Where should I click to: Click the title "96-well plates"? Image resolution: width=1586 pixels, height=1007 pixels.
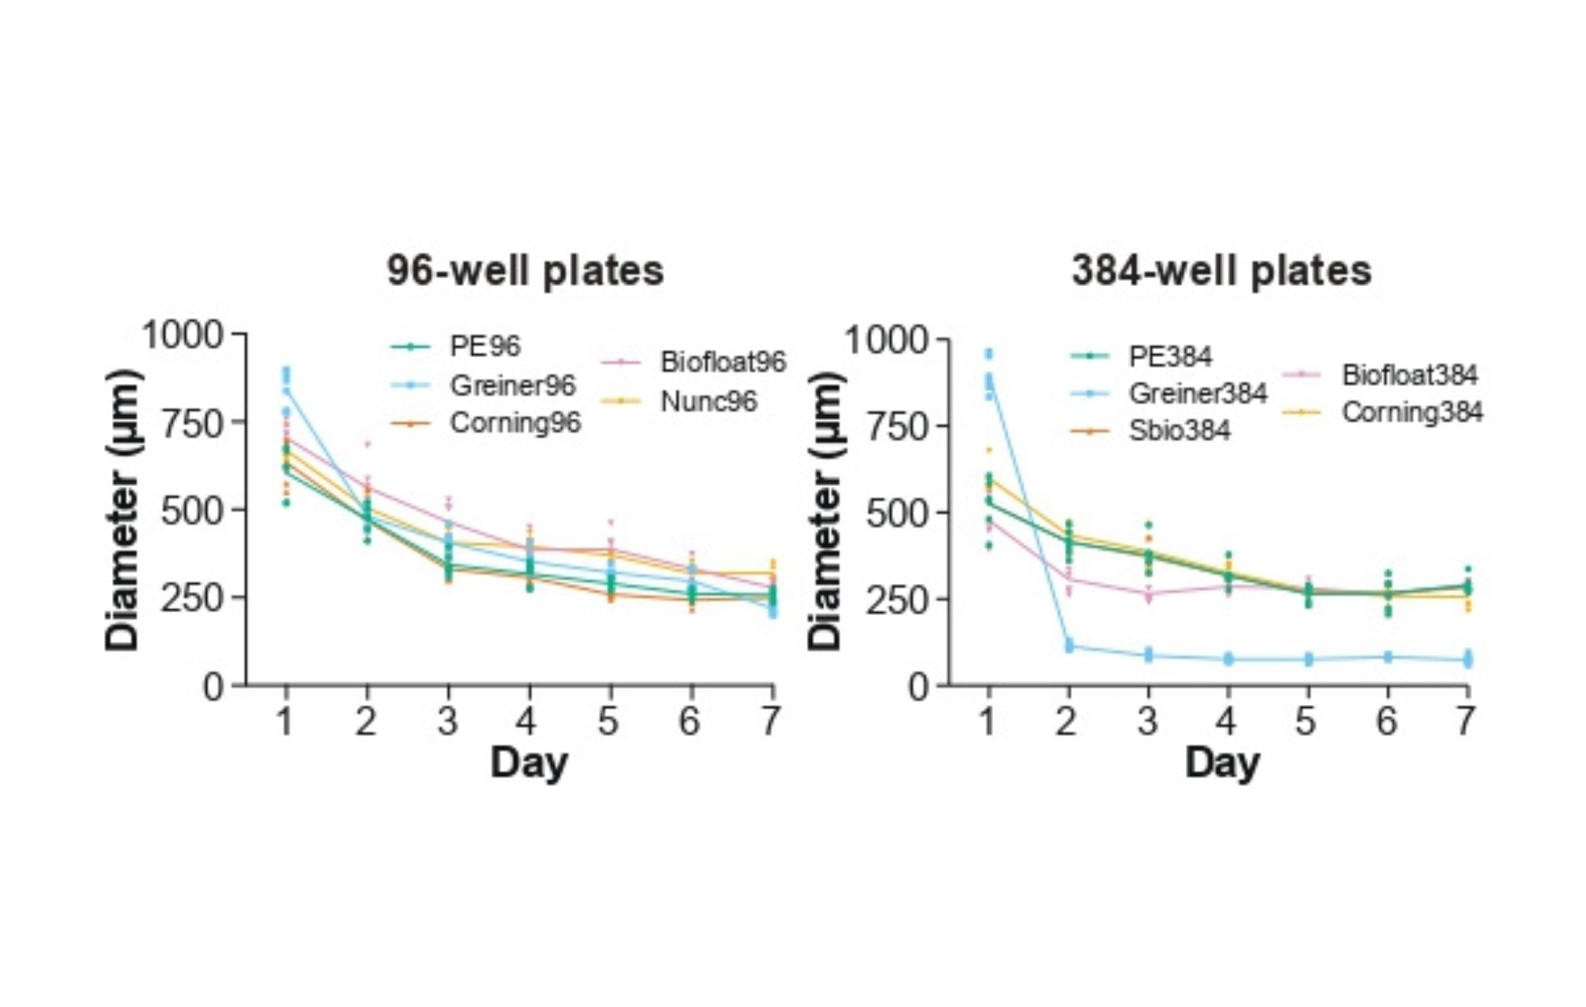pos(525,271)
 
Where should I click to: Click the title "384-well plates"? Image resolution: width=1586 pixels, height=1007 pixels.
pos(1221,271)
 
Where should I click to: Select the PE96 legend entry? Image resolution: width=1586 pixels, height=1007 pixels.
pos(484,346)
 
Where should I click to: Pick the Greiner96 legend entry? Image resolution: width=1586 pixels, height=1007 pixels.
pos(512,385)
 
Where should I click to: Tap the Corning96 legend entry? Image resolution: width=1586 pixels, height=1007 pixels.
pos(515,423)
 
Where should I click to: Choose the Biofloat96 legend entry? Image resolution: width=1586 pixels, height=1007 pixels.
pos(722,362)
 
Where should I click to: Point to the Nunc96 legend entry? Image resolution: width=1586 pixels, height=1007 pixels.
pos(708,401)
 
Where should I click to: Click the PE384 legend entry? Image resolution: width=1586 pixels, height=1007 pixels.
pos(1170,356)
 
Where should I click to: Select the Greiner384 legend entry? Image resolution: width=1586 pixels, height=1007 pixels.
pos(1198,393)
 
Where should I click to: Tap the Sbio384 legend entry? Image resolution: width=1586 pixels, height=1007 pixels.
pos(1179,431)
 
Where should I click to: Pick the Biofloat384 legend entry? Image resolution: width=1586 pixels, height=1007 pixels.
pos(1409,375)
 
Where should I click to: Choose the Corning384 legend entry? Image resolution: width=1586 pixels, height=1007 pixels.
pos(1412,412)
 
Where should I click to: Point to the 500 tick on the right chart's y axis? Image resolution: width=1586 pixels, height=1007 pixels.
pos(896,514)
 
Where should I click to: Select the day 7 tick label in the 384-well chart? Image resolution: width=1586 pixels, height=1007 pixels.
pos(1466,722)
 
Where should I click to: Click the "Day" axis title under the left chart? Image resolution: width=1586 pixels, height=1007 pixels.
pos(528,763)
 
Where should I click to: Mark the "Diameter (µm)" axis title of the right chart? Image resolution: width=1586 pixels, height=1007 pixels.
pos(825,510)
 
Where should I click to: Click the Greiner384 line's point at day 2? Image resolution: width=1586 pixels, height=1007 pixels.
pos(1068,646)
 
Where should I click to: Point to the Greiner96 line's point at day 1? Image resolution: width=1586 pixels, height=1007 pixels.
pos(286,390)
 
